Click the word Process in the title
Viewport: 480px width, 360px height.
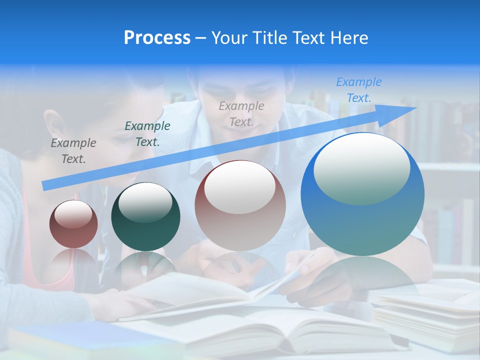tap(157, 38)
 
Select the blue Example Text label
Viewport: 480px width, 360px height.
tap(358, 90)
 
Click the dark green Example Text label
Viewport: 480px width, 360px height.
tap(147, 134)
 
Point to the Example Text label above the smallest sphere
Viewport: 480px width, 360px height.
tap(73, 151)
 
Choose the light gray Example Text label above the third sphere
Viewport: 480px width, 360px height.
tap(241, 113)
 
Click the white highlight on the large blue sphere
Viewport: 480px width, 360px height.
tap(361, 167)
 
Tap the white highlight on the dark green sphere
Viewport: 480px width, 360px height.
tap(145, 202)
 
